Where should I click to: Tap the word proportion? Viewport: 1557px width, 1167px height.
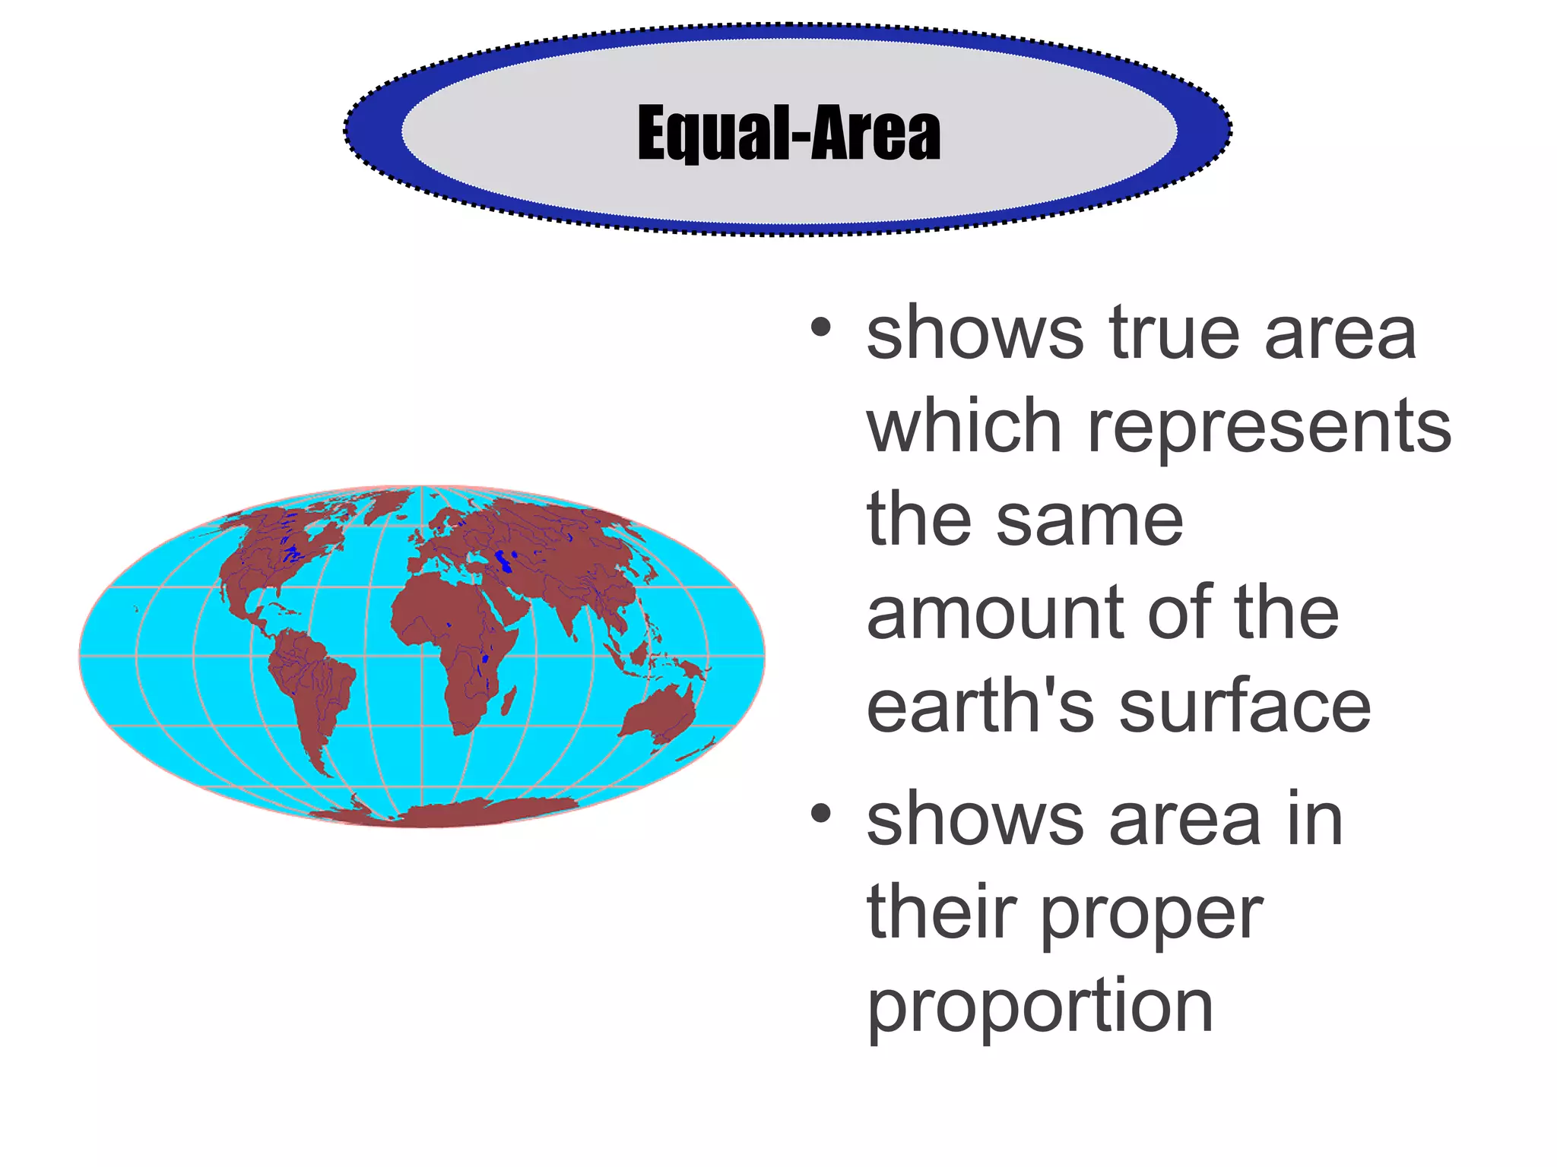[x=1039, y=1007]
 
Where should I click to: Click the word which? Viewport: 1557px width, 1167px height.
[x=963, y=427]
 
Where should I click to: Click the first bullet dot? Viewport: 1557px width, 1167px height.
[x=820, y=328]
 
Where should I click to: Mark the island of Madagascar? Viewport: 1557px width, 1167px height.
[x=508, y=701]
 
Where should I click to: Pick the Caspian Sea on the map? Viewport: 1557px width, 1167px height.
[x=502, y=561]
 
